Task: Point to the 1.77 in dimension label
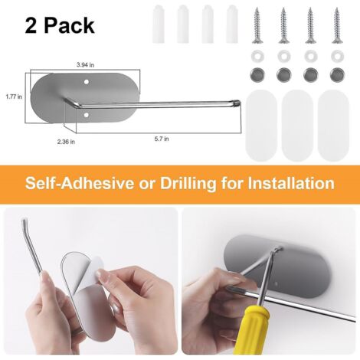pyautogui.click(x=12, y=97)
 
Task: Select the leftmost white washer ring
pyautogui.click(x=257, y=56)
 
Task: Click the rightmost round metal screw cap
pyautogui.click(x=335, y=75)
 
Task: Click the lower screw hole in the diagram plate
pyautogui.click(x=86, y=115)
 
